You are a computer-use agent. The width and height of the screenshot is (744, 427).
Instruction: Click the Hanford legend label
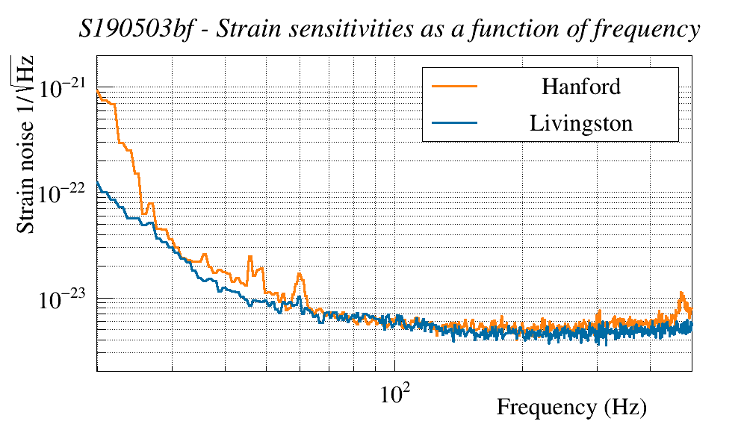580,86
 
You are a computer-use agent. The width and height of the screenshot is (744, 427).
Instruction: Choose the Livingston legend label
580,122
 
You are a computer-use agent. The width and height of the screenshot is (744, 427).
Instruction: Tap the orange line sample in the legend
454,86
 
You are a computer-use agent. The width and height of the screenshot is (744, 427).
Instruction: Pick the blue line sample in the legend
454,122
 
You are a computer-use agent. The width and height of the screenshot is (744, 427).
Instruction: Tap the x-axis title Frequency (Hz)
571,408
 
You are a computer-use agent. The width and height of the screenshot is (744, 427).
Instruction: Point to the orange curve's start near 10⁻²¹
98,90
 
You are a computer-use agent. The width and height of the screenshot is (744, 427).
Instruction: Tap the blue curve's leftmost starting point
98,181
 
